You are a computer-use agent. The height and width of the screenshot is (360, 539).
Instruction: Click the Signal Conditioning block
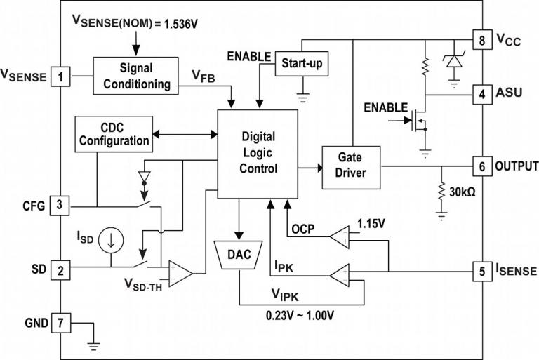[x=135, y=76]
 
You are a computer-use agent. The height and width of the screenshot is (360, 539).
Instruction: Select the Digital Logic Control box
[x=258, y=153]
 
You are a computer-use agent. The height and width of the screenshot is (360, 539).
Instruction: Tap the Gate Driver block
[x=351, y=167]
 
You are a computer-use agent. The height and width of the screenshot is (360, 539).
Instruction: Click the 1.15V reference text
[x=373, y=223]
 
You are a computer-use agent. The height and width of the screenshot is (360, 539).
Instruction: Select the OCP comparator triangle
[x=342, y=236]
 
